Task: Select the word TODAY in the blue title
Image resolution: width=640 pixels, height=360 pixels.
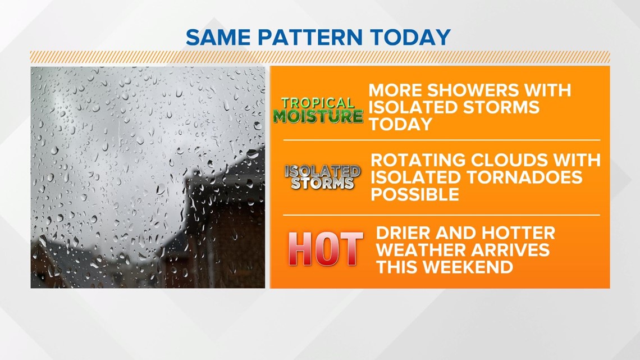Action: point(410,37)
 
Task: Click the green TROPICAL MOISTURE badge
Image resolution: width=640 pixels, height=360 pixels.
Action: point(318,110)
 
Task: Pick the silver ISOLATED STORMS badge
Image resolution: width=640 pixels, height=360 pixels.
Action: point(322,177)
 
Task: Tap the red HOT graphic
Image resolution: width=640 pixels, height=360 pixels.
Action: point(325,249)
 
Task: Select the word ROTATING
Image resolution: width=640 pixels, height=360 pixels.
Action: point(418,160)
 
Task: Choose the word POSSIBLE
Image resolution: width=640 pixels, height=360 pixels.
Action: point(415,194)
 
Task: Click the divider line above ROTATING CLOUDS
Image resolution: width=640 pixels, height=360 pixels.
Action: point(442,140)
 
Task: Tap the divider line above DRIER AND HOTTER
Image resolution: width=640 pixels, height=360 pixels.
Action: point(442,215)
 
